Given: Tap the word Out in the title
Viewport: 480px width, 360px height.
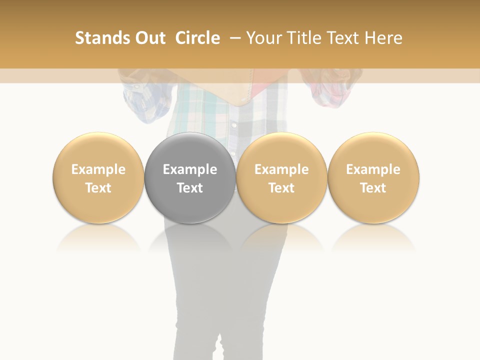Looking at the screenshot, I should (x=148, y=38).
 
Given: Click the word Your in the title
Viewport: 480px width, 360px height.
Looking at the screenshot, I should (x=263, y=38).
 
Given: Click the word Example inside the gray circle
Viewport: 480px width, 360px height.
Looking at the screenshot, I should (x=190, y=169).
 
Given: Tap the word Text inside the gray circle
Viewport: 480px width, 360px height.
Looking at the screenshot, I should (x=190, y=188).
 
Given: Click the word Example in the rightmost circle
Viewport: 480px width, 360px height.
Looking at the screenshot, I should (x=373, y=169).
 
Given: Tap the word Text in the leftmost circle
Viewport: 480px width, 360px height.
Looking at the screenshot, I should (x=98, y=188).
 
